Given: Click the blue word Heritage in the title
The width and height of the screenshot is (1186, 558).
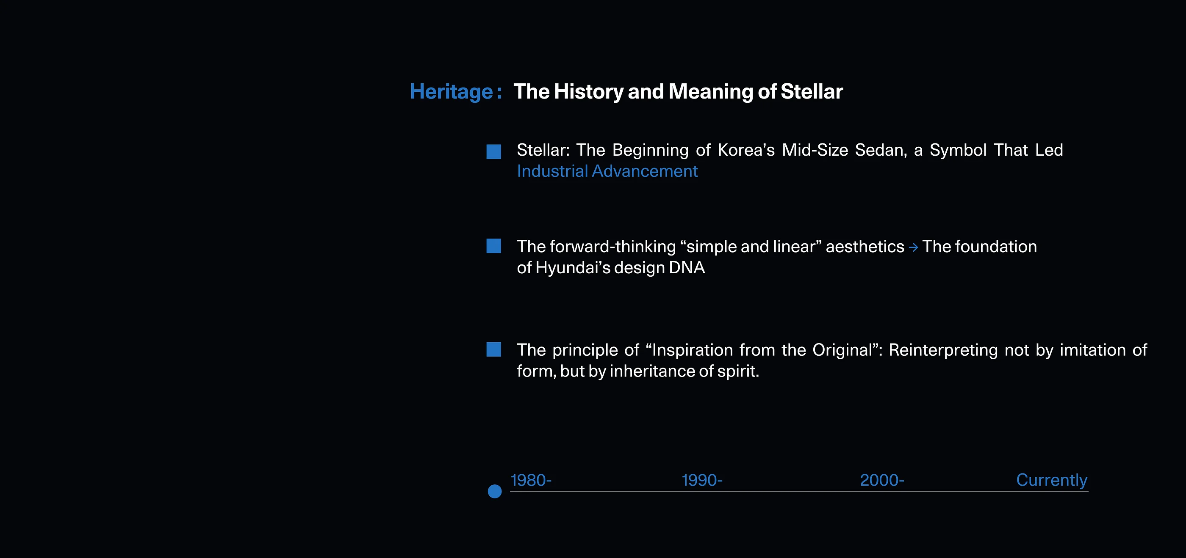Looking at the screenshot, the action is (x=451, y=92).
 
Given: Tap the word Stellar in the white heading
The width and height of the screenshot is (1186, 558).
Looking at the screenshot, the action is (x=812, y=91).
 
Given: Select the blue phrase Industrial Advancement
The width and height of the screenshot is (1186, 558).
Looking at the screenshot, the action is (x=607, y=171).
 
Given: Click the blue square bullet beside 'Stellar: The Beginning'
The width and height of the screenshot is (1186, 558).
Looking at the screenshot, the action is (x=493, y=152).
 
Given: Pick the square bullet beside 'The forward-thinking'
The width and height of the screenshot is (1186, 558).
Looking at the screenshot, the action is (x=493, y=246).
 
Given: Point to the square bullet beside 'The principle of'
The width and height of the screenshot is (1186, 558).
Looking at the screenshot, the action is (x=493, y=349).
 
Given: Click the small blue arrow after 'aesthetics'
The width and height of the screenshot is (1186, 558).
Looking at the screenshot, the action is (x=914, y=247).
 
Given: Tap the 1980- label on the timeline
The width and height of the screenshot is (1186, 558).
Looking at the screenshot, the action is (x=531, y=480).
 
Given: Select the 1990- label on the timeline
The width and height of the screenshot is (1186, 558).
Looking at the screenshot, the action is (x=702, y=480).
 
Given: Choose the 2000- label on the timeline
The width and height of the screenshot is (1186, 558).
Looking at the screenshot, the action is (x=882, y=480).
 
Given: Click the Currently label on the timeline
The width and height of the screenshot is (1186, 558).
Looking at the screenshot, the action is (x=1052, y=480).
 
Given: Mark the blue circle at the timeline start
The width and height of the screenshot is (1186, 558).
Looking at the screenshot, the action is (x=494, y=491).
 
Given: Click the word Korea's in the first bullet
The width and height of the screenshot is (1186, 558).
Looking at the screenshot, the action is (x=746, y=150).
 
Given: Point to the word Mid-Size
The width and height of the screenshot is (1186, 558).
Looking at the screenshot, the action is (x=815, y=150).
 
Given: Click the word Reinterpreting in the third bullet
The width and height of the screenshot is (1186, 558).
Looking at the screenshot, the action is (x=943, y=350).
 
